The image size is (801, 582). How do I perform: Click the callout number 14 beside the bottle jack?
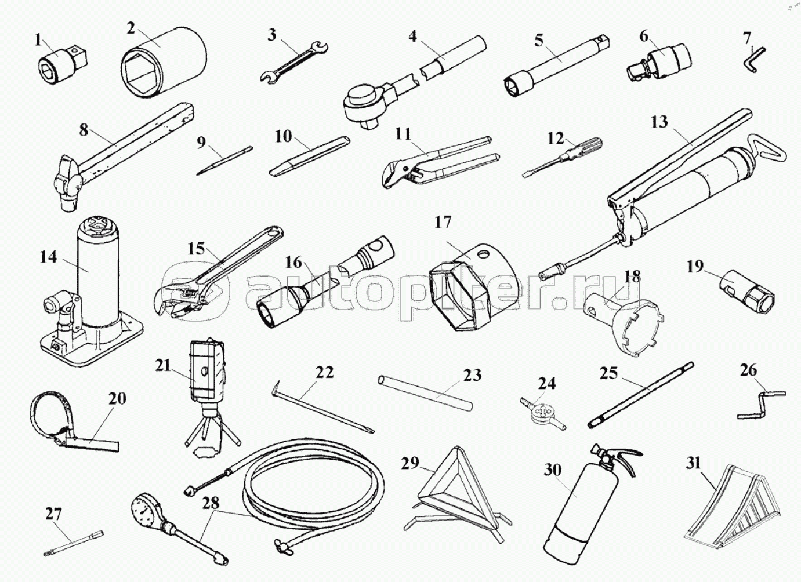pyautogui.click(x=49, y=257)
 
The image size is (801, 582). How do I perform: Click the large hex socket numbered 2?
pyautogui.click(x=164, y=62)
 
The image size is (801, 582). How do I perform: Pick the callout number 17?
pyautogui.click(x=443, y=222)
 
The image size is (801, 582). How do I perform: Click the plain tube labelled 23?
pyautogui.click(x=425, y=394)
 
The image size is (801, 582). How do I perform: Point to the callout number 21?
pyautogui.click(x=164, y=366)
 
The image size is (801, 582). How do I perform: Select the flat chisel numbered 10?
pyautogui.click(x=310, y=156)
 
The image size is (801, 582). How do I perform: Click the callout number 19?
pyautogui.click(x=695, y=267)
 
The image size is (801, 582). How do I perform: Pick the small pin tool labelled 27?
pyautogui.click(x=74, y=543)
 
